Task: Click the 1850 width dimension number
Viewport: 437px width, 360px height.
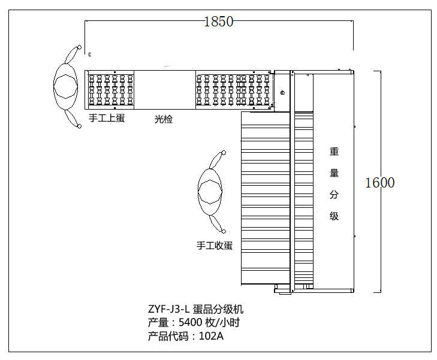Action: click(218, 22)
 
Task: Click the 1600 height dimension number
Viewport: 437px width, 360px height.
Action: click(380, 183)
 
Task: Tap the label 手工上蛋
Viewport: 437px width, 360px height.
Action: click(107, 118)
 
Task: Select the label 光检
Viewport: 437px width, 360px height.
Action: click(164, 119)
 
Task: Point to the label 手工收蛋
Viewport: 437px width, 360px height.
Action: click(215, 245)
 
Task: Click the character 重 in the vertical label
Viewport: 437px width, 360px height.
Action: click(334, 152)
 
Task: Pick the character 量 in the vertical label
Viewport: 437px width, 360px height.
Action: click(334, 173)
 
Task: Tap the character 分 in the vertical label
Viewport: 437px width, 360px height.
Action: click(334, 195)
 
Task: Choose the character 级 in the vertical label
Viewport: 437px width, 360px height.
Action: click(334, 216)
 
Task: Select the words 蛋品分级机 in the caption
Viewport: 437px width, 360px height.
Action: click(218, 310)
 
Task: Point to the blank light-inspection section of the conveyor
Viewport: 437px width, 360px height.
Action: click(164, 90)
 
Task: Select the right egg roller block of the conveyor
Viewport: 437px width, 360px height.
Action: click(234, 90)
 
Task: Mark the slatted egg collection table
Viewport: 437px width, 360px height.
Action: click(266, 198)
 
